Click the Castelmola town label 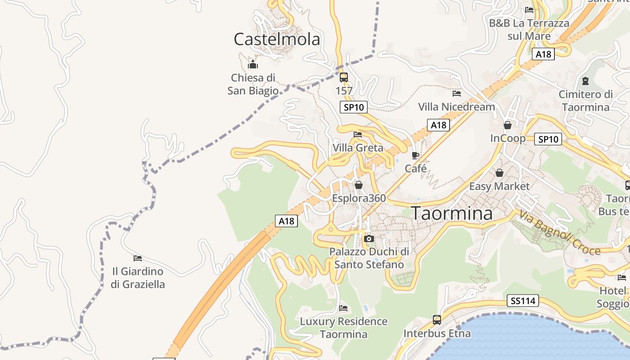[x=277, y=40]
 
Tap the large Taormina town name [x=452, y=213]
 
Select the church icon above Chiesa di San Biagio [x=253, y=64]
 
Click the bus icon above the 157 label [x=344, y=77]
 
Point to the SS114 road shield [x=523, y=301]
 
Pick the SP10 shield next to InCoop [x=548, y=139]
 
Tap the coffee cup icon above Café [x=415, y=156]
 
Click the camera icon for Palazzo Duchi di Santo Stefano [x=369, y=238]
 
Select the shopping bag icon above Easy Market [x=499, y=173]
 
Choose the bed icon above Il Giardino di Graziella [x=138, y=258]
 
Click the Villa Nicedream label [x=456, y=107]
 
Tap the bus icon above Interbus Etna [x=436, y=320]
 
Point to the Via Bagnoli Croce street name [x=559, y=233]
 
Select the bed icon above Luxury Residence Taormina [x=343, y=308]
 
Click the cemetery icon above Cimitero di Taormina [x=585, y=81]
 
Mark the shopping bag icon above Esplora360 [x=359, y=185]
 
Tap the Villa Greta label [x=358, y=148]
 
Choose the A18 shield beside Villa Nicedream [x=438, y=125]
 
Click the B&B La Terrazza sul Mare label [x=529, y=29]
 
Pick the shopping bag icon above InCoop [x=508, y=125]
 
